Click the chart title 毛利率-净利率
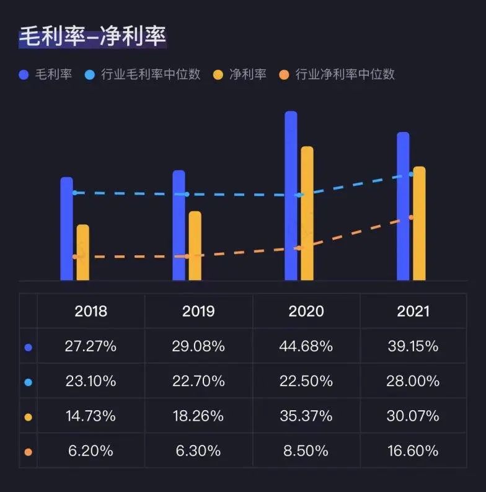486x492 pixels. (x=92, y=37)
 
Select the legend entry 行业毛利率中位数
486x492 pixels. (x=151, y=74)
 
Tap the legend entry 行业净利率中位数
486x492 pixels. (x=345, y=74)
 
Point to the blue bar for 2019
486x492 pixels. (x=179, y=226)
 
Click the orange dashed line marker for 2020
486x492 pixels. (x=298, y=248)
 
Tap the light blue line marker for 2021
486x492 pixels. (x=411, y=174)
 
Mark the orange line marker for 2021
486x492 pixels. (x=411, y=217)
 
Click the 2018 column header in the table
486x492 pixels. (x=91, y=310)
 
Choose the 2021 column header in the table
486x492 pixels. (x=413, y=310)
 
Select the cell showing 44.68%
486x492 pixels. (x=306, y=346)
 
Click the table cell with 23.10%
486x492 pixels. (x=91, y=381)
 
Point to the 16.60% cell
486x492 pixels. (x=413, y=451)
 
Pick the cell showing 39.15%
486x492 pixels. (x=413, y=346)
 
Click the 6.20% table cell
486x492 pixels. (x=91, y=451)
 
